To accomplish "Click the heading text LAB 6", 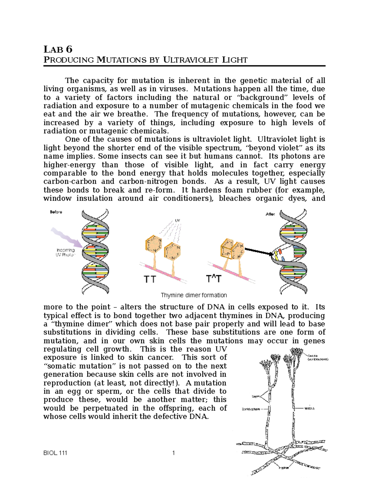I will (x=58, y=49).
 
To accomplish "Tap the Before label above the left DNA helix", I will (x=56, y=212).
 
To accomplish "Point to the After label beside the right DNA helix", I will (x=270, y=214).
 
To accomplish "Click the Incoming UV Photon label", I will (x=65, y=252).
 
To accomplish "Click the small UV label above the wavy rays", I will (x=177, y=220).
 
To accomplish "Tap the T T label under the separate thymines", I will (x=150, y=279).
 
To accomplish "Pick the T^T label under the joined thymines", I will (x=213, y=279).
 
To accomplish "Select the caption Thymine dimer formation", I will (x=194, y=295).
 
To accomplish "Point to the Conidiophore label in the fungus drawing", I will (x=251, y=409).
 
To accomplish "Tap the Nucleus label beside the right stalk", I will (x=309, y=408).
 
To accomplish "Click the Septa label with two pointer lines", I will (x=256, y=396).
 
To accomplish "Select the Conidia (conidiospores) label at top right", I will (x=318, y=357).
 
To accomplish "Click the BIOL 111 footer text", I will (x=55, y=453).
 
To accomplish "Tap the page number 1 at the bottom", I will (x=174, y=453).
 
